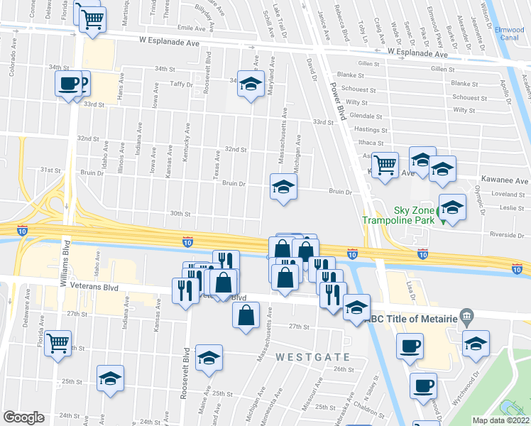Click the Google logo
click(x=23, y=417)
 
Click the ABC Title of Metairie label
click(x=408, y=317)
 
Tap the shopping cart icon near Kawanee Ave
click(x=385, y=164)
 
